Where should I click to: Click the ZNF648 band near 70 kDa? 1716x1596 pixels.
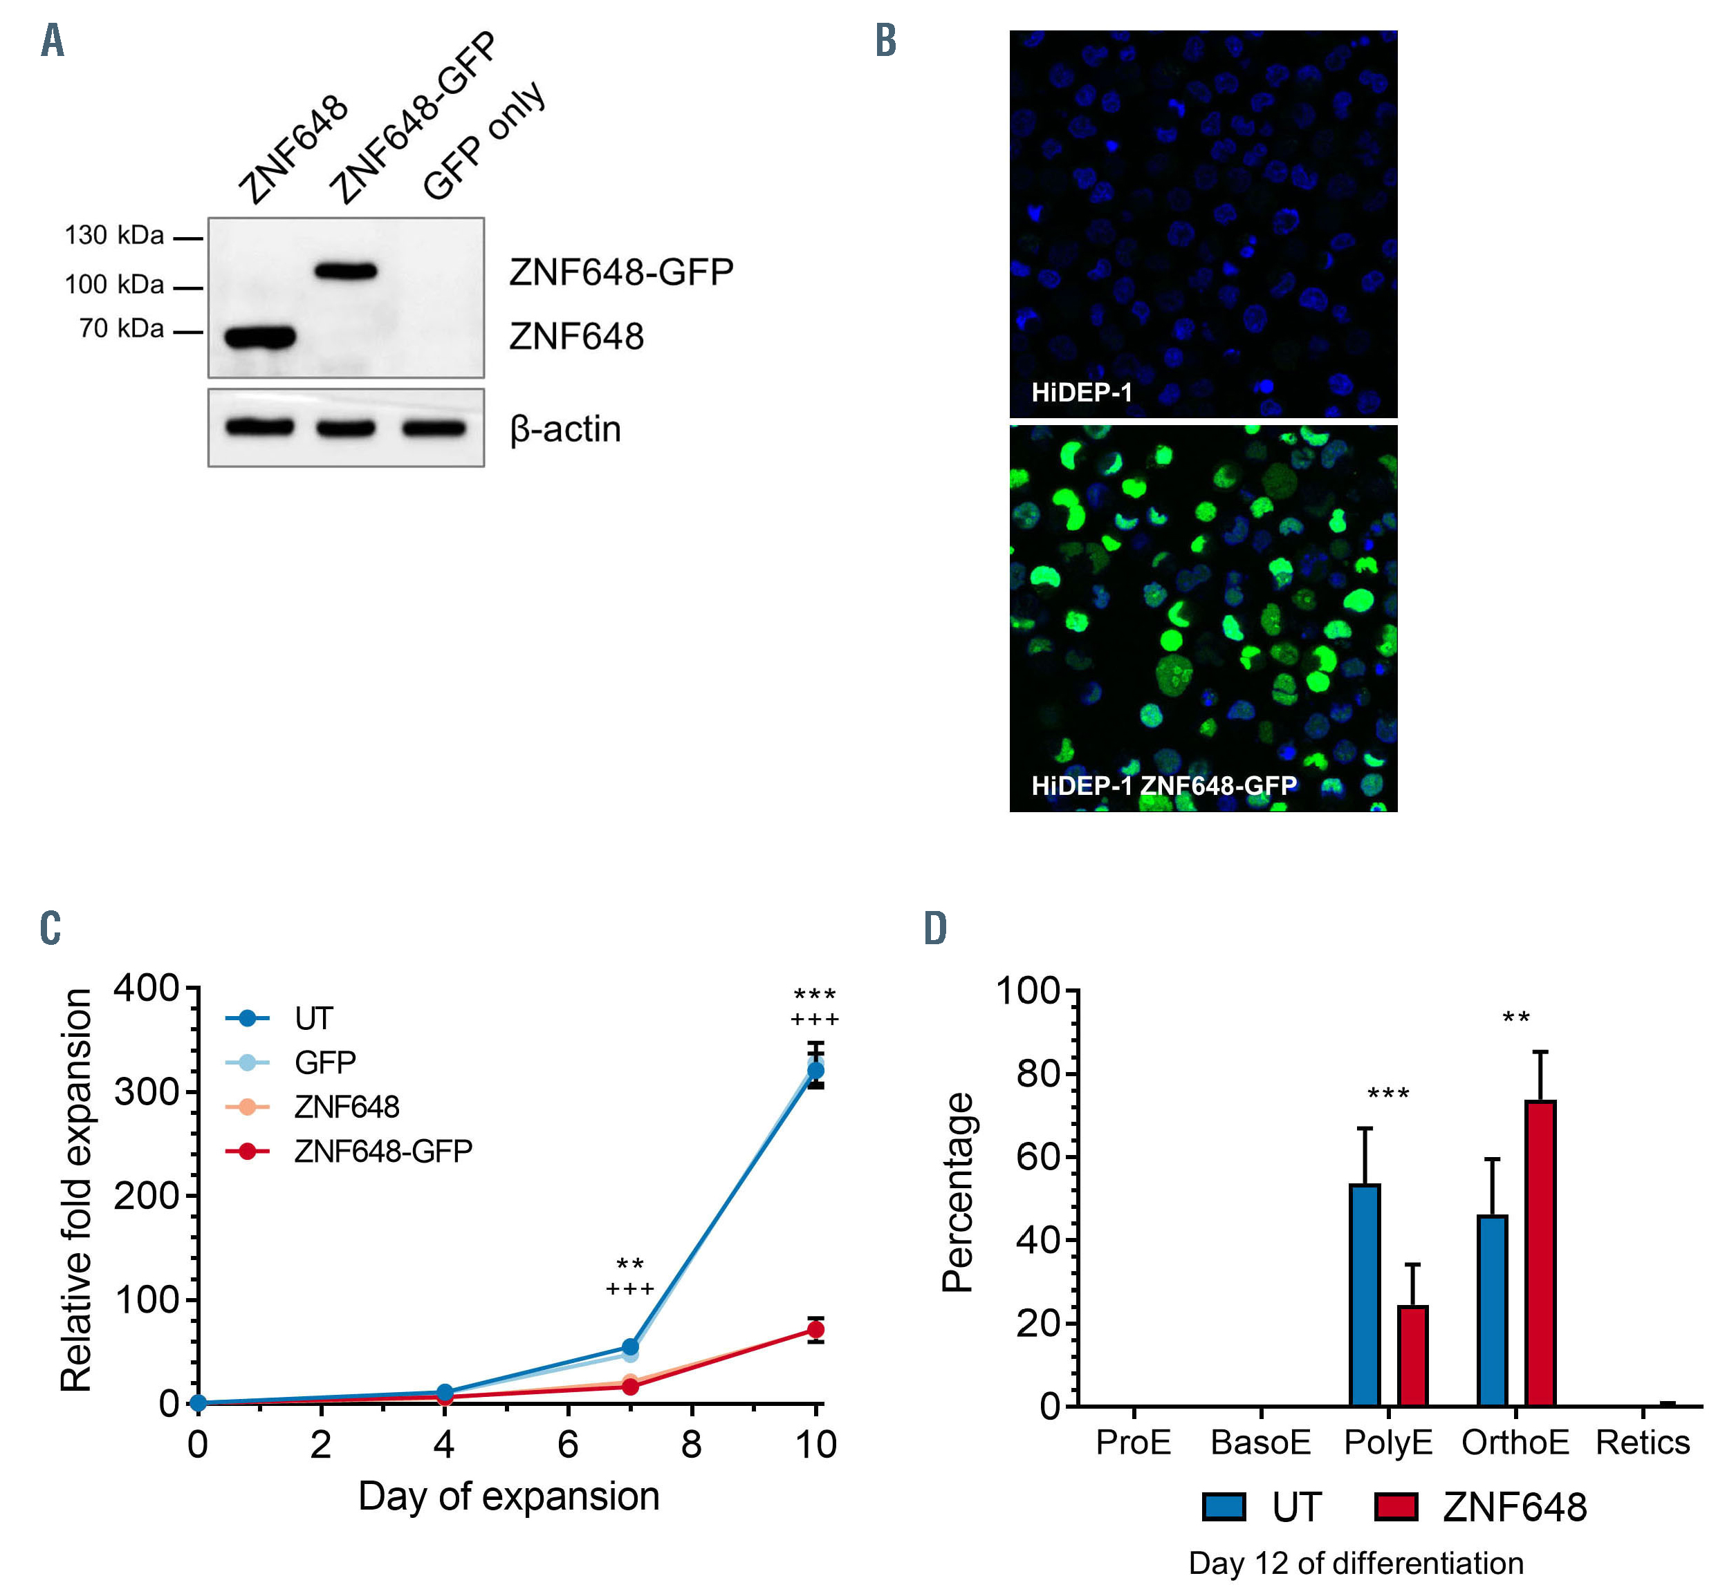(x=260, y=337)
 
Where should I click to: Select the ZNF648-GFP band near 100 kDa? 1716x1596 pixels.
(x=346, y=271)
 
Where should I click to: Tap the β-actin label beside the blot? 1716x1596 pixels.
(x=565, y=429)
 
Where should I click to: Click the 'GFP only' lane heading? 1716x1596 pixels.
(x=484, y=142)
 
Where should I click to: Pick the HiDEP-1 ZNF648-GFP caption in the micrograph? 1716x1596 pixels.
(x=1163, y=785)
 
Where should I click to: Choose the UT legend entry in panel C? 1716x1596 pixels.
(x=313, y=1019)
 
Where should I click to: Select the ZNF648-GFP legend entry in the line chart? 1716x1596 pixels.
(x=382, y=1151)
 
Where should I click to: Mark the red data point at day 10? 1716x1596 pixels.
(x=815, y=1329)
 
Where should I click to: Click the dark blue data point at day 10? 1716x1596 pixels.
(x=815, y=1071)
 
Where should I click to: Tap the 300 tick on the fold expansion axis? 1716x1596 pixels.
(x=146, y=1092)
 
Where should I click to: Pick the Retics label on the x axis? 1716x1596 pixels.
(x=1642, y=1443)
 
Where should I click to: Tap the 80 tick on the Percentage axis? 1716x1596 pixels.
(x=1037, y=1074)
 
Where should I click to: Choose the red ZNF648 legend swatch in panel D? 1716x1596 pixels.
(x=1396, y=1507)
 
